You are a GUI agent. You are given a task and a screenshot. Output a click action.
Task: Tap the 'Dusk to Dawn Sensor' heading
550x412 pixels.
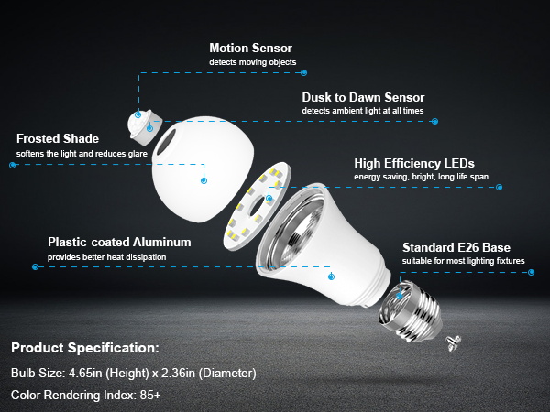[363, 97]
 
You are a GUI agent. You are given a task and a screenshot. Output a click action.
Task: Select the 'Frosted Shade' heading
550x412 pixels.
[57, 139]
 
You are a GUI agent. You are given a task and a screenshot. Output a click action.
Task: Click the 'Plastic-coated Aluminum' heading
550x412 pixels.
[119, 243]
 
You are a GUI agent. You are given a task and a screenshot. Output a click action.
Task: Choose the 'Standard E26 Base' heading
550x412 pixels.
[456, 248]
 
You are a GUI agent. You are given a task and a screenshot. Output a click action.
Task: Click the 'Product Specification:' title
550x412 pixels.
[84, 349]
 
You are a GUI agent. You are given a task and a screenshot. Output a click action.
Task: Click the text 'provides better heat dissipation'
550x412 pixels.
[107, 257]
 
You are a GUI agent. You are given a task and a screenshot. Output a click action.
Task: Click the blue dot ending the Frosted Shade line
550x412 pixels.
[13, 166]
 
